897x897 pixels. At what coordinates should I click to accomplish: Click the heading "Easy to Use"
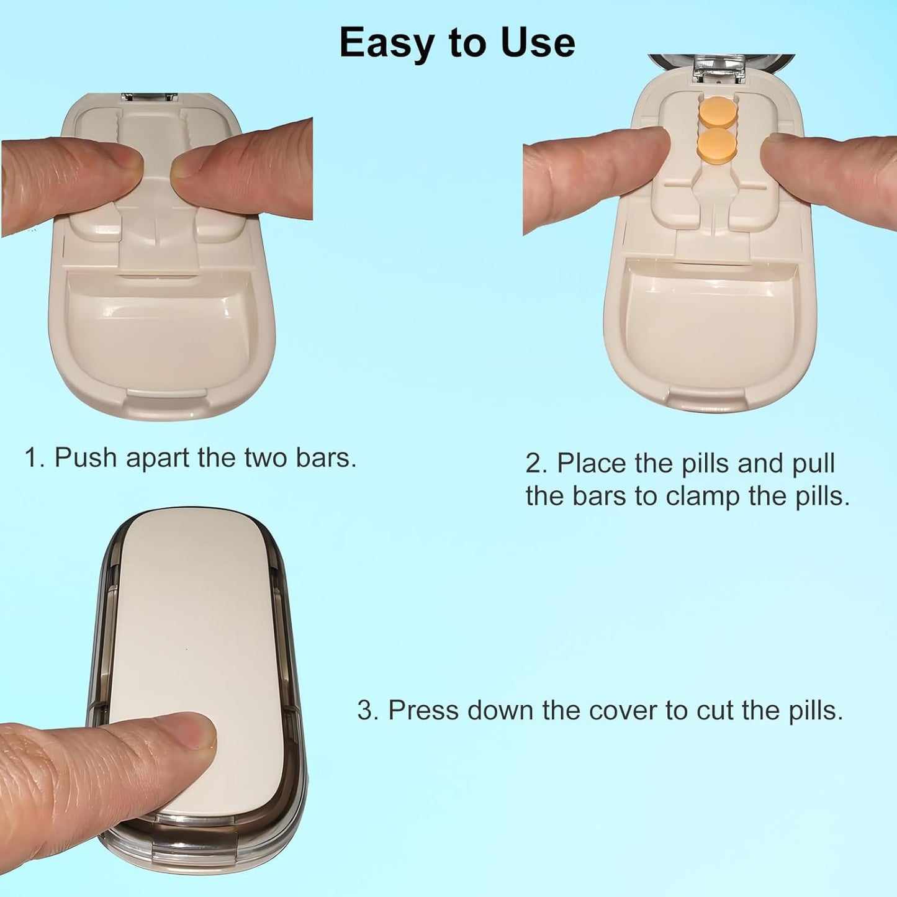[x=457, y=42]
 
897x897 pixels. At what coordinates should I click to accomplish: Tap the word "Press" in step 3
[x=423, y=710]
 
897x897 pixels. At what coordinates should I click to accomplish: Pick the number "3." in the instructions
[x=368, y=710]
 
